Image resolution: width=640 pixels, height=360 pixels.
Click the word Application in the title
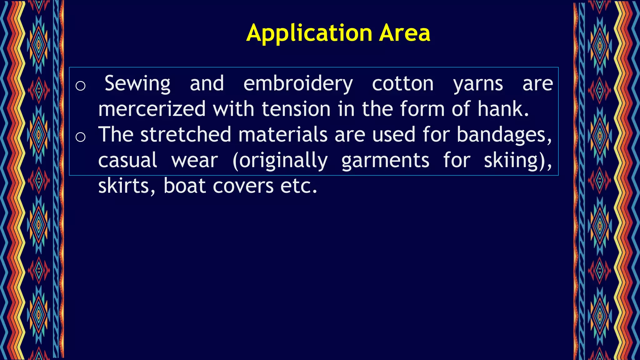point(309,33)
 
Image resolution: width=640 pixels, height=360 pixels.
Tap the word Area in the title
point(405,33)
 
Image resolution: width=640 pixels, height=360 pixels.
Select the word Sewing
point(137,83)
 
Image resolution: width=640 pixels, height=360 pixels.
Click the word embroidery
point(298,83)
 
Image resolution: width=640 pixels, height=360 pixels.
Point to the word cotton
point(403,83)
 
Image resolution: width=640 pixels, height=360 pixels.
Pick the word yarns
point(478,83)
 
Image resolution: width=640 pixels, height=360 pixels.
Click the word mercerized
point(152,109)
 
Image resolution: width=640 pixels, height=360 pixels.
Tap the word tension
point(296,109)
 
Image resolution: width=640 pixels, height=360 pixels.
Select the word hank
point(503,109)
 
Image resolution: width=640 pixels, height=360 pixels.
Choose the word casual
point(127,160)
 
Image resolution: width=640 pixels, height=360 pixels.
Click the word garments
point(385,160)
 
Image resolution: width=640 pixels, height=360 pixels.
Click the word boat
point(184,186)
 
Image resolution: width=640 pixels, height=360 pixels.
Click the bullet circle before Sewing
point(80,86)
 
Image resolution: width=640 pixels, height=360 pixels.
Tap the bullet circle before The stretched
point(80,137)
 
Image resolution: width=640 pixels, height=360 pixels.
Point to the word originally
point(280,160)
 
